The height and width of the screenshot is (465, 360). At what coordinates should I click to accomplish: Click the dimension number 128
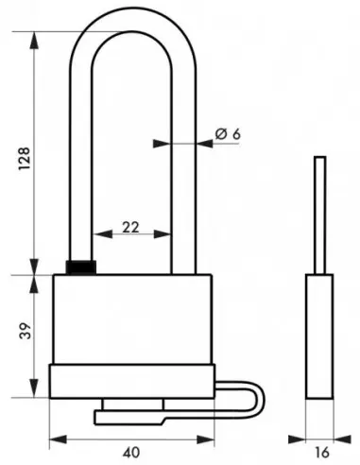pos(24,153)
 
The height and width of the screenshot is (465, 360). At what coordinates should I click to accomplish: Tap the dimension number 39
pos(24,334)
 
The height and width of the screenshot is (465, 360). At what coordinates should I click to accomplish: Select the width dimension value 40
pos(124,451)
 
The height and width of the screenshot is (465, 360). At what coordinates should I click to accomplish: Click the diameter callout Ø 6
pos(228,135)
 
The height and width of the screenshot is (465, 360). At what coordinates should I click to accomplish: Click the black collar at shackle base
pos(81,267)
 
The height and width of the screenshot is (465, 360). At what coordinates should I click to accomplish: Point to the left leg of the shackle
pos(83,151)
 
